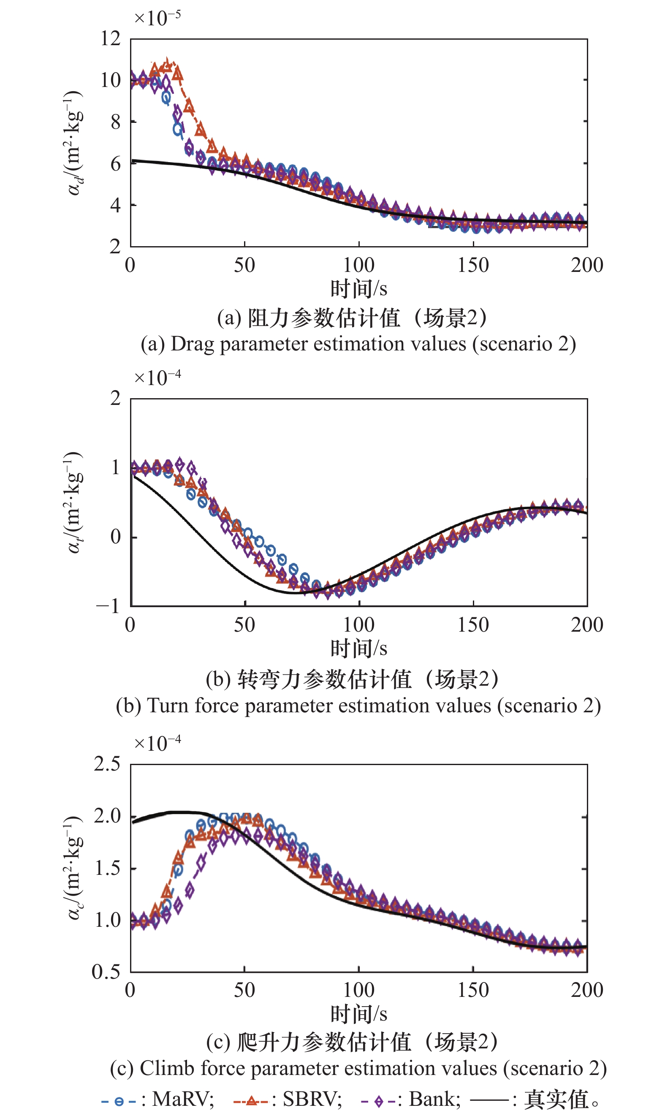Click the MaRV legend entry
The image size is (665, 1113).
pos(158,1099)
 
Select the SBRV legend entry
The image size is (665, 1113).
pos(288,1099)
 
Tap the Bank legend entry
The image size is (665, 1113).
pos(411,1099)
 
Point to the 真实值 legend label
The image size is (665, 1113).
pos(556,1099)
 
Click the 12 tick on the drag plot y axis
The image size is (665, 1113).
pos(110,38)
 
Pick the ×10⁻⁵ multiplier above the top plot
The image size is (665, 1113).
pos(157,18)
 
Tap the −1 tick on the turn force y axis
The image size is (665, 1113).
pos(108,606)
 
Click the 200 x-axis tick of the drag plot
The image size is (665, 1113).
pos(586,265)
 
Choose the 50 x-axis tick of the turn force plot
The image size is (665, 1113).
pos(244,624)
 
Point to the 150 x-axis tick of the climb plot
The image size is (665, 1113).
pos(473,990)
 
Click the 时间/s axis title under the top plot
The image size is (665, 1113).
pos(358,288)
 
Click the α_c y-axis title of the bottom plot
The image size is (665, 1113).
pos(73,868)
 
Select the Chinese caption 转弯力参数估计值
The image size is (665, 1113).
pos(324,679)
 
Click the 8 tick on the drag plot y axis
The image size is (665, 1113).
pos(116,122)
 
